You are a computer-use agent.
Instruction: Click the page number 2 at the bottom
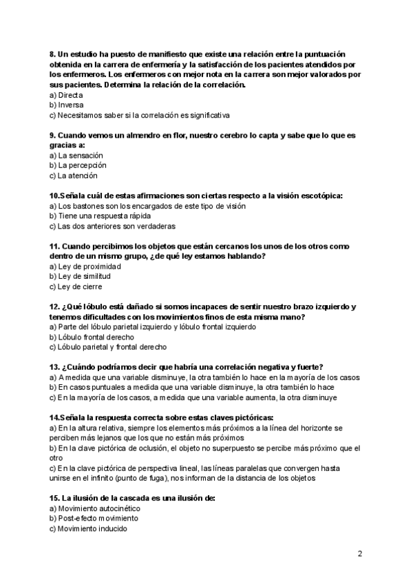360,553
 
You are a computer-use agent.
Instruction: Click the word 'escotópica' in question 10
319,196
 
